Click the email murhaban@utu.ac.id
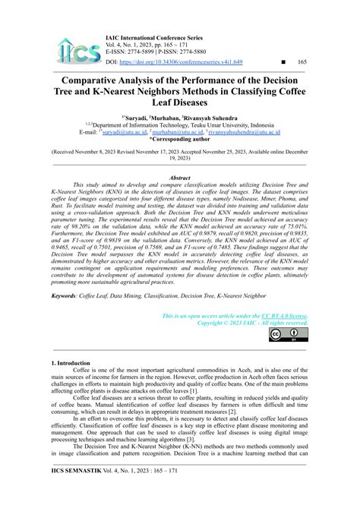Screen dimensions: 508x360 [x=176, y=132]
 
